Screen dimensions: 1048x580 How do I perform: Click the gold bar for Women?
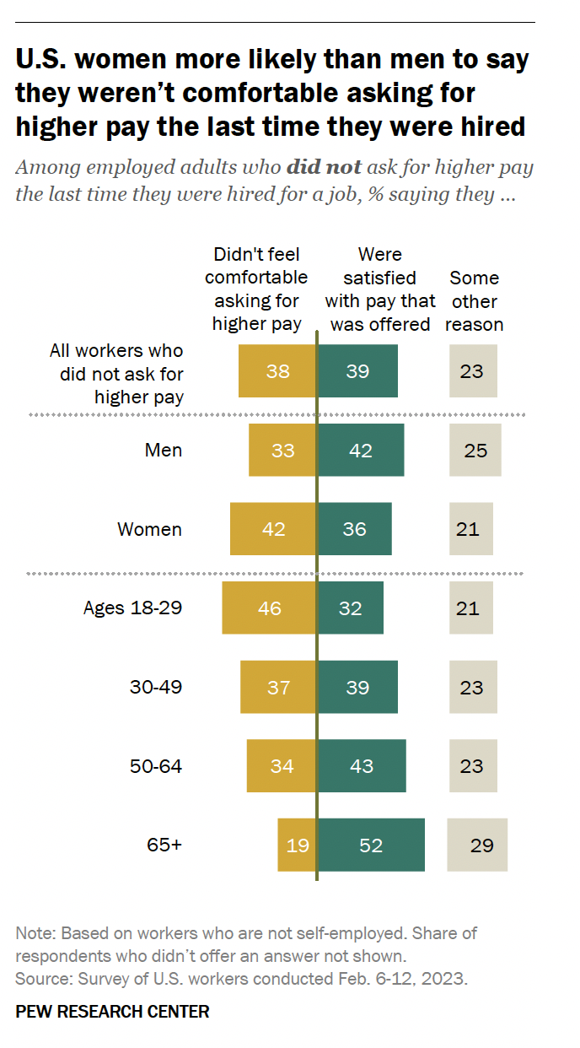(x=273, y=529)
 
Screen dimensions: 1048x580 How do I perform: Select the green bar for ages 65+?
(x=370, y=845)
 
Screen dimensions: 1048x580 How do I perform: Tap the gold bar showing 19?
(x=297, y=845)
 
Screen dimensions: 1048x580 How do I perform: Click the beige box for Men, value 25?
(x=475, y=450)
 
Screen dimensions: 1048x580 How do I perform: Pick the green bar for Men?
(x=360, y=450)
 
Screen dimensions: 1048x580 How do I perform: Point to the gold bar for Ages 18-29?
(x=269, y=608)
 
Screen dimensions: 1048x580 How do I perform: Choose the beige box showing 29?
(x=477, y=845)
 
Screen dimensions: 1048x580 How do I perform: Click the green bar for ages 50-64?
(x=361, y=765)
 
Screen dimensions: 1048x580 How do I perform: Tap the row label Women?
(x=149, y=529)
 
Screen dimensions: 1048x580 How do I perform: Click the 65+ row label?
(x=164, y=845)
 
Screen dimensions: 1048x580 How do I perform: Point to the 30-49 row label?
(x=156, y=687)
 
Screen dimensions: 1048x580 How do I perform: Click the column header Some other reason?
(x=474, y=301)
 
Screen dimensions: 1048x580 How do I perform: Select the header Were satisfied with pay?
(x=380, y=289)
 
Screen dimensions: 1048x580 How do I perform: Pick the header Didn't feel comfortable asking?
(x=256, y=289)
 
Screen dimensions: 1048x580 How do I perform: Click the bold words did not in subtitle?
(x=324, y=166)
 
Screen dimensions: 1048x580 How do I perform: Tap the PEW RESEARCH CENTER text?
(x=112, y=1012)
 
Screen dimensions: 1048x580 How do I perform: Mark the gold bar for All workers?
(x=277, y=370)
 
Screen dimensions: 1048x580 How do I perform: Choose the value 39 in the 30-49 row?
(x=357, y=687)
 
